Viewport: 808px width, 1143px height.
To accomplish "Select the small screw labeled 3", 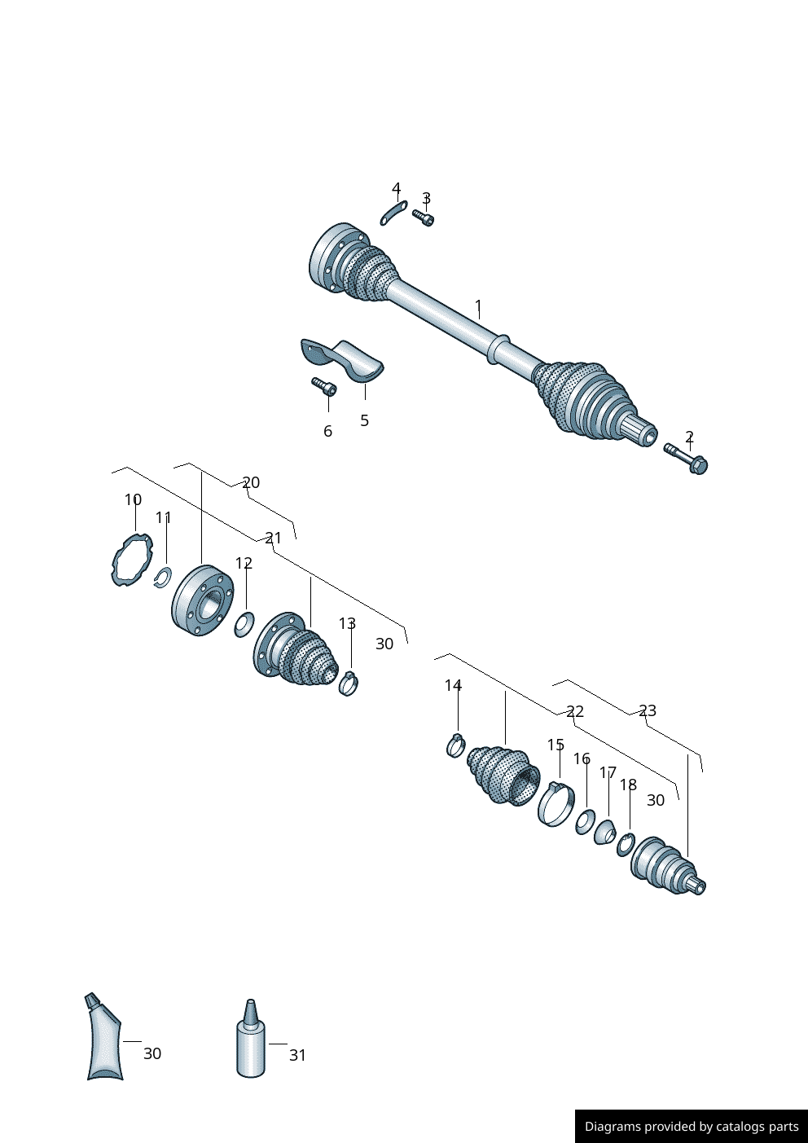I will tap(423, 218).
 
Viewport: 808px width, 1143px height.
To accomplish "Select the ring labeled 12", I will tap(244, 625).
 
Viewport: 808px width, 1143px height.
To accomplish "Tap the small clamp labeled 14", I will tap(456, 745).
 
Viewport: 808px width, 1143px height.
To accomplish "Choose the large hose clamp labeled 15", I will tap(556, 804).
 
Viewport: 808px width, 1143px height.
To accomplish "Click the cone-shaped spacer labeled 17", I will tap(604, 833).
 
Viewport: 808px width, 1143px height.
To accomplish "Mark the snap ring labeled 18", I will tap(626, 845).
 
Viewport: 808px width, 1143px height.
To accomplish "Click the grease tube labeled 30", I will tap(103, 1039).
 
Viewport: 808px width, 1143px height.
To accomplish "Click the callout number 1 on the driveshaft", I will tap(478, 308).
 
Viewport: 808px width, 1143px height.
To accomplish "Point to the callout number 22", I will tap(575, 712).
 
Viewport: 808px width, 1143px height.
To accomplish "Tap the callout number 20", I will tap(251, 482).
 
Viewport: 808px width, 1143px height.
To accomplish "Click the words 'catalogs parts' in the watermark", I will tap(757, 1127).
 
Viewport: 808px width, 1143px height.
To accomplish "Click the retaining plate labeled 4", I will tap(393, 213).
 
